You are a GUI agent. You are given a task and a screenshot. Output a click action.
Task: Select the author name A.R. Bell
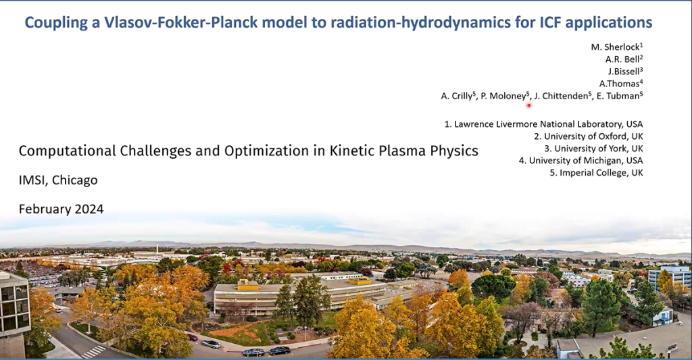pyautogui.click(x=622, y=59)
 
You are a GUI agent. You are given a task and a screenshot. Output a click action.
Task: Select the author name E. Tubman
pyautogui.click(x=618, y=96)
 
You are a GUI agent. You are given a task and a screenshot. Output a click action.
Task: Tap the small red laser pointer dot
pyautogui.click(x=528, y=105)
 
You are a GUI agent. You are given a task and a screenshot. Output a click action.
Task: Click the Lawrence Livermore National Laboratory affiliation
pyautogui.click(x=543, y=124)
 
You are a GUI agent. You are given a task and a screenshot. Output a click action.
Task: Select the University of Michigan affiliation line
pyautogui.click(x=580, y=161)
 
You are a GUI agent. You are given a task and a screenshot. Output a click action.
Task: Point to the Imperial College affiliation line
pyautogui.click(x=597, y=173)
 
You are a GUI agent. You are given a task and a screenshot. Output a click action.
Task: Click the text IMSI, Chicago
pyautogui.click(x=58, y=180)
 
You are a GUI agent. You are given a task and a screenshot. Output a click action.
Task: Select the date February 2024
pyautogui.click(x=61, y=209)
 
